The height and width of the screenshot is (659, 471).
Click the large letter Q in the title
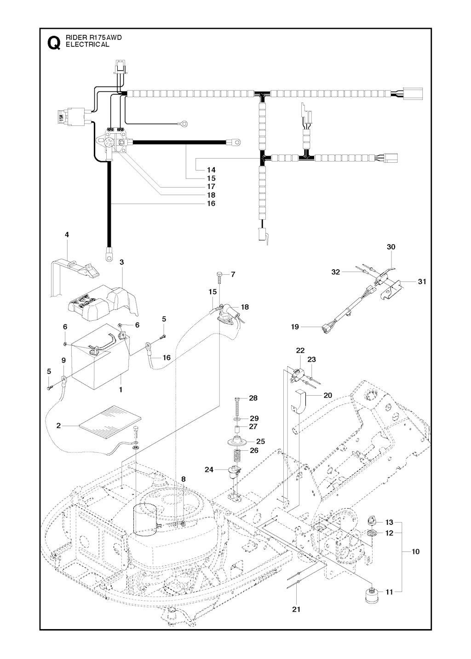53,43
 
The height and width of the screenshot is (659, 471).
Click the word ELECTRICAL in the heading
87,45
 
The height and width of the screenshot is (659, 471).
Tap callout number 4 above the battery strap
67,235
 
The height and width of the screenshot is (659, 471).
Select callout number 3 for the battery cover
121,262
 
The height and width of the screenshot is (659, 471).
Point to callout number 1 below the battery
121,389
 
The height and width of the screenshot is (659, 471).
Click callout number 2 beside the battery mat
59,426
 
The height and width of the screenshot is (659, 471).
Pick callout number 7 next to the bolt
233,274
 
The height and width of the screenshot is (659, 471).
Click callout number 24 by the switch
209,469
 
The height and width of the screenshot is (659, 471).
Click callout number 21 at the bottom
296,609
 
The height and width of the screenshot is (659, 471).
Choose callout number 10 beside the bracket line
416,551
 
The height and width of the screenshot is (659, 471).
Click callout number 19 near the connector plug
295,327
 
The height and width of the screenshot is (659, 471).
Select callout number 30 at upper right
391,247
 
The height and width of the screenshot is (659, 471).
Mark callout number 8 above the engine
184,479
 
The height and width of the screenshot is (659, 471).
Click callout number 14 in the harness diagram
211,170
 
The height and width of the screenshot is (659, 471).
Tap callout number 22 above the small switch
300,350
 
